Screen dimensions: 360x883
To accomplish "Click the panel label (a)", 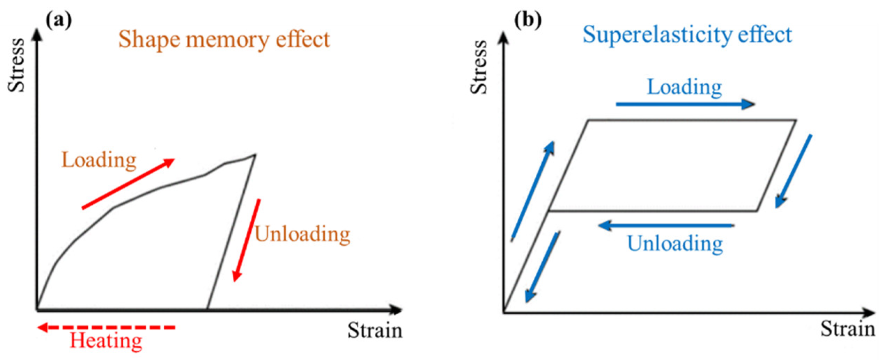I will pyautogui.click(x=59, y=21).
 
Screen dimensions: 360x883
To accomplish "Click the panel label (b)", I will pyautogui.click(x=527, y=20).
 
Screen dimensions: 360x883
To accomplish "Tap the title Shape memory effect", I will pyautogui.click(x=224, y=39).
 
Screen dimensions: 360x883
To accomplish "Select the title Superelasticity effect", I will pyautogui.click(x=687, y=35).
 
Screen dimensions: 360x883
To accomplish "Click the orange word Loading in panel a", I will pyautogui.click(x=99, y=161).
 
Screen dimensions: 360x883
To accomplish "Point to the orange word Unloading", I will pyautogui.click(x=302, y=234).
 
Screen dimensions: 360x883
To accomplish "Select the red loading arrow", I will pyautogui.click(x=128, y=184).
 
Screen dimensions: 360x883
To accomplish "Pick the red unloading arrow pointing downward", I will pyautogui.click(x=247, y=240).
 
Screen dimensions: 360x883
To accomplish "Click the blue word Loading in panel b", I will pyautogui.click(x=684, y=87).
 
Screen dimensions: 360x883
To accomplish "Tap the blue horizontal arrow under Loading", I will pyautogui.click(x=685, y=104).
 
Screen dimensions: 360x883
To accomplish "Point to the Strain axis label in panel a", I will pyautogui.click(x=375, y=331).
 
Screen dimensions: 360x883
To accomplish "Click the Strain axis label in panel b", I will pyautogui.click(x=847, y=329).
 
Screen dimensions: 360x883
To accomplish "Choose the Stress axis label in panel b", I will pyautogui.click(x=479, y=67).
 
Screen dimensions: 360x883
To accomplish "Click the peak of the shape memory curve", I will pyautogui.click(x=255, y=154).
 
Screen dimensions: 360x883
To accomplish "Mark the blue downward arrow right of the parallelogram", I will pyautogui.click(x=794, y=171).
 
